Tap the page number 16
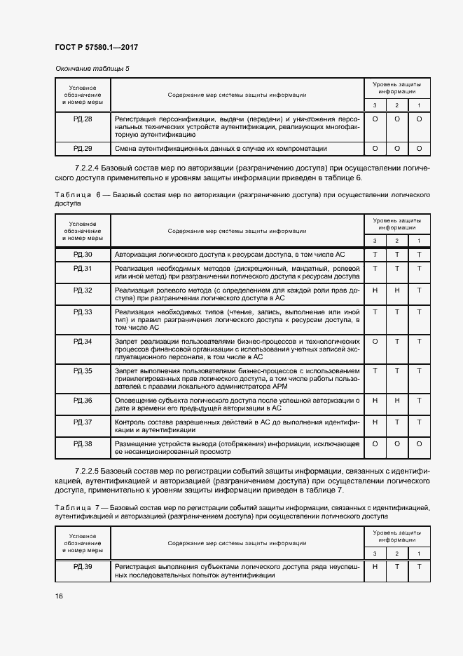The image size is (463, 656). [59, 596]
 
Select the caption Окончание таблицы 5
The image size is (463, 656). [92, 68]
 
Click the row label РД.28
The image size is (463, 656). [83, 119]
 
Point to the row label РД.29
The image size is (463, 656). [83, 149]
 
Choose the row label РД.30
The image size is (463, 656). [83, 254]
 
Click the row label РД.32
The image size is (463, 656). [83, 290]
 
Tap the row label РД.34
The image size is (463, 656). [83, 341]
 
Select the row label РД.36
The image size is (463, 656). [83, 400]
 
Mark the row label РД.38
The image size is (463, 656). [83, 444]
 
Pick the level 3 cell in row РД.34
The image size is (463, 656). [375, 341]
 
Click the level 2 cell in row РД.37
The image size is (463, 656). [397, 422]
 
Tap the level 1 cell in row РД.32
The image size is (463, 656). [419, 290]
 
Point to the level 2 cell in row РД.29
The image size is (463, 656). [397, 149]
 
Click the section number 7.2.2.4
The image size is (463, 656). [87, 169]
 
